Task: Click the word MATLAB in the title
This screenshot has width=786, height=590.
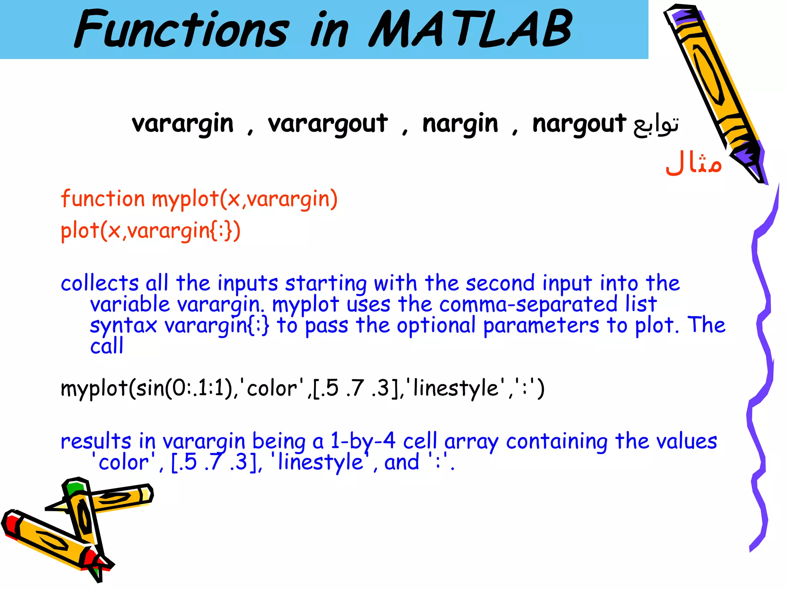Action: click(x=470, y=30)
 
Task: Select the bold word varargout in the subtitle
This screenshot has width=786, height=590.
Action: click(x=328, y=124)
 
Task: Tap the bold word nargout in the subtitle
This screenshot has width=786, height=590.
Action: click(x=579, y=124)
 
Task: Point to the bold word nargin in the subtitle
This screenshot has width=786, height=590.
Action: click(x=460, y=124)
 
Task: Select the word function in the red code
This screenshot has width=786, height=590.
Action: click(x=102, y=199)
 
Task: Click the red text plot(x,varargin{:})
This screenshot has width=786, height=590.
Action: click(x=150, y=231)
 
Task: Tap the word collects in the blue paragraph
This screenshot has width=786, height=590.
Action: click(x=99, y=283)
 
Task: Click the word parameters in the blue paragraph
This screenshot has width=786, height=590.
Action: click(x=541, y=326)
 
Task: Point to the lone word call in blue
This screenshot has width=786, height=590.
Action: click(x=107, y=346)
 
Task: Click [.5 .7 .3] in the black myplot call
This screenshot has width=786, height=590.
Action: click(x=356, y=388)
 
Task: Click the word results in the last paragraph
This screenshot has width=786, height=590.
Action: click(x=96, y=441)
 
